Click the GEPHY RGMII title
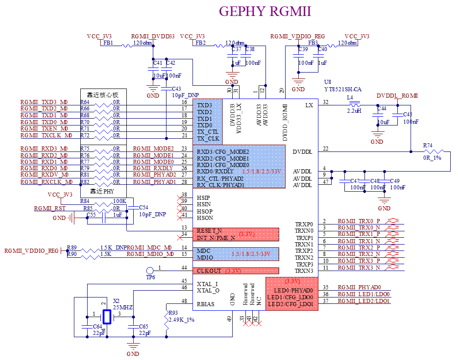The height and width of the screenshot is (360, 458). click(265, 11)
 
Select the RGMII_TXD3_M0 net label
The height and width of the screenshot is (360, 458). click(44, 102)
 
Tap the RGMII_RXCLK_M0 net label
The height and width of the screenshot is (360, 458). click(47, 182)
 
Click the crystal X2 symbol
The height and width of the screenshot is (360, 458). click(107, 316)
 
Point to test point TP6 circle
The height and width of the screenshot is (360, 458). click(151, 271)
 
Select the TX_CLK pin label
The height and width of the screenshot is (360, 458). click(208, 138)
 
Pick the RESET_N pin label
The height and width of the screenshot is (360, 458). click(209, 231)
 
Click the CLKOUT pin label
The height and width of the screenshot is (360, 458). click(209, 271)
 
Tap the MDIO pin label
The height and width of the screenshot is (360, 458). click(205, 258)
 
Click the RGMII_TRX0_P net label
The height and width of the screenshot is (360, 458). click(359, 221)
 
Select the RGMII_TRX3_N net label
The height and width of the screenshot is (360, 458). click(359, 268)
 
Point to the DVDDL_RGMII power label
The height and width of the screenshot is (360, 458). click(397, 96)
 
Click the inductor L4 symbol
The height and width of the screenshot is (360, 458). click(354, 104)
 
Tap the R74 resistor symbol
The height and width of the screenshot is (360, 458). click(433, 151)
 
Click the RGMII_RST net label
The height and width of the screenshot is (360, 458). click(50, 209)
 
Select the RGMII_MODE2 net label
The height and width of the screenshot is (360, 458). click(154, 149)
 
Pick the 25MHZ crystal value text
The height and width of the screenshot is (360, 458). click(123, 308)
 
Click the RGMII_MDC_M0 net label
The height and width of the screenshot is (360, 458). click(151, 247)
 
